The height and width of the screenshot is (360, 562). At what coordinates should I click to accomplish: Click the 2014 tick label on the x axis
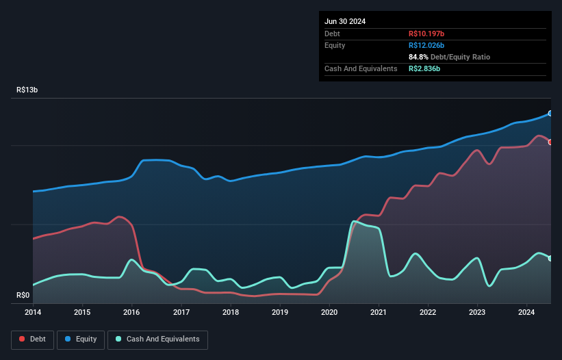point(33,313)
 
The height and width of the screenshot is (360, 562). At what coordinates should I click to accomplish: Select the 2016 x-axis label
point(131,313)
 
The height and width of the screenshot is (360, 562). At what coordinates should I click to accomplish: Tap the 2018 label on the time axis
point(231,313)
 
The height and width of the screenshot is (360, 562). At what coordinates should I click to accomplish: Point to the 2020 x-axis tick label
point(329,313)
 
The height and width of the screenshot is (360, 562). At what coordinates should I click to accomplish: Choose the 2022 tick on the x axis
point(429,313)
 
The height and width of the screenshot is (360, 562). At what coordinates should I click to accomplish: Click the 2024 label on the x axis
point(527,313)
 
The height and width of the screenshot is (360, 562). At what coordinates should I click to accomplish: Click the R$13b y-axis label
point(28,90)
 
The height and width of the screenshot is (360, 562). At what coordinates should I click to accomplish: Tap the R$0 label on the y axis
point(23,296)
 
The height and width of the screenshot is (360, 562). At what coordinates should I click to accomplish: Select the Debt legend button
point(31,339)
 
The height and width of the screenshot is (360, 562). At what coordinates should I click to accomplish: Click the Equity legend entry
point(81,339)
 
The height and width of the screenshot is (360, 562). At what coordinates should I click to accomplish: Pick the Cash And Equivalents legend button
point(157,339)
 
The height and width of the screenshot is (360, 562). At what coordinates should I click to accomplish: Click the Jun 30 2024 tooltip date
point(345,21)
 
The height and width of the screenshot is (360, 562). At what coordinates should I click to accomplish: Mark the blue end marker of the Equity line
point(550,114)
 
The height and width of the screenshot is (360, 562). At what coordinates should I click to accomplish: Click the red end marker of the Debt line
point(550,142)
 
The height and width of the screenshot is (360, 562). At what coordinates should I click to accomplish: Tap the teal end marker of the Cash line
point(550,258)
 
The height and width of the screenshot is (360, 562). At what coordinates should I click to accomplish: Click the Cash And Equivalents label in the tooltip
point(361,68)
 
